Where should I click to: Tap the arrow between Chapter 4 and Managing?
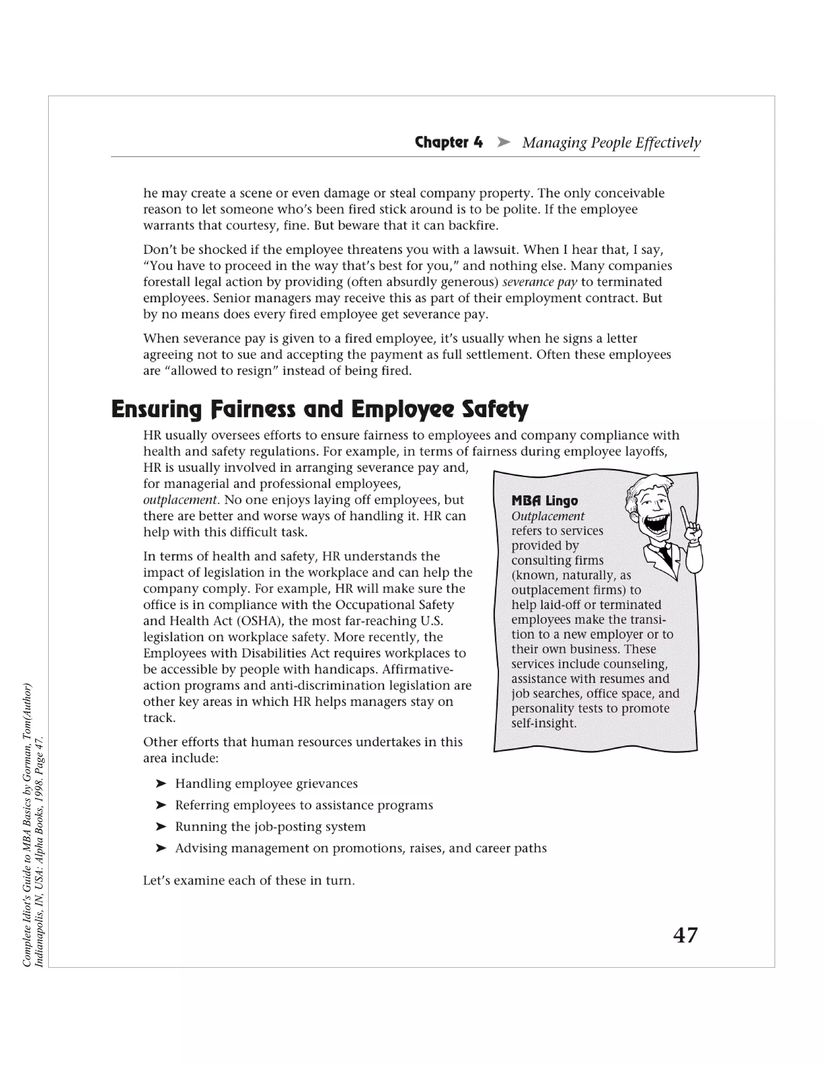503,142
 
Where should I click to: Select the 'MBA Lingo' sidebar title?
545,501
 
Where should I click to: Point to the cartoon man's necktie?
665,556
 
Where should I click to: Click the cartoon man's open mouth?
656,526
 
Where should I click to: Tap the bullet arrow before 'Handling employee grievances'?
161,784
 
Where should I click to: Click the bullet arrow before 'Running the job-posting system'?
161,827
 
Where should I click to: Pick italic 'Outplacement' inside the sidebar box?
548,516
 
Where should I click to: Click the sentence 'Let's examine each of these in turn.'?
249,881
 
